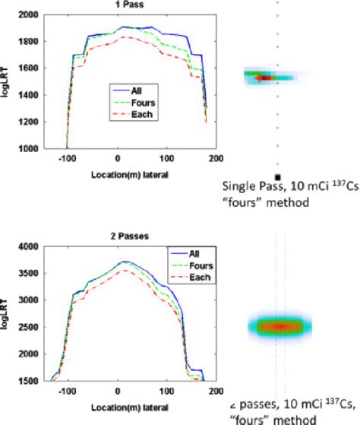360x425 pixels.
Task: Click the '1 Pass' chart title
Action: (x=116, y=5)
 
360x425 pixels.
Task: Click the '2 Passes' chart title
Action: (x=117, y=236)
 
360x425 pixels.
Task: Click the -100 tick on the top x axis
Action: (x=68, y=158)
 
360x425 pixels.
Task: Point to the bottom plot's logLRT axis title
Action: (x=7, y=312)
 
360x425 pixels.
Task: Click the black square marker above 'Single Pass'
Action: (x=278, y=166)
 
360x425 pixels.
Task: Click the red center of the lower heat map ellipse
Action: (x=279, y=326)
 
